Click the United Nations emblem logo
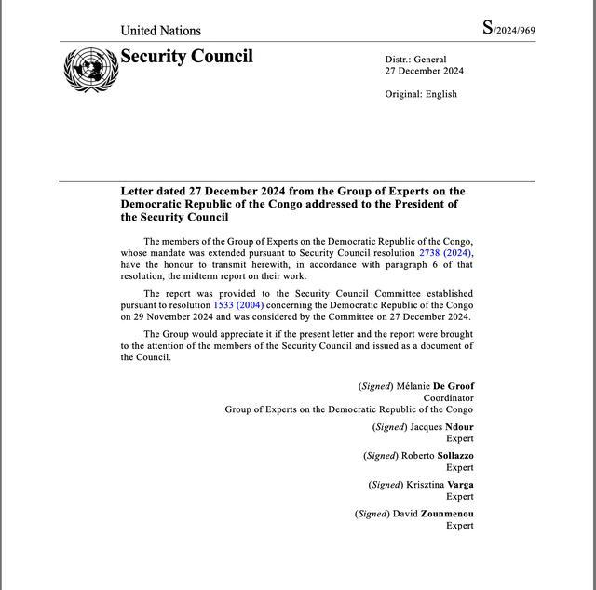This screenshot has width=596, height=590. [90, 69]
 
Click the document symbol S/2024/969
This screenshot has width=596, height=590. [508, 28]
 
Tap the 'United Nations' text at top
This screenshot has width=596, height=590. [159, 30]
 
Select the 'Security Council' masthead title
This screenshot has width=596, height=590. [186, 57]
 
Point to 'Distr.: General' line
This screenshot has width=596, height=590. [415, 60]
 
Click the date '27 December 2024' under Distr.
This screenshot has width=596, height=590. [424, 72]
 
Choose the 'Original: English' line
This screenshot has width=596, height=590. [421, 94]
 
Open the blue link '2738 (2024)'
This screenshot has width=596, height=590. [445, 253]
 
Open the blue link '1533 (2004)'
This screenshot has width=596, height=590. [238, 305]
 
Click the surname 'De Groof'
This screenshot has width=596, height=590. [454, 386]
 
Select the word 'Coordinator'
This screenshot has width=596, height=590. [448, 398]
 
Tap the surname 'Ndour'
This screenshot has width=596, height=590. [456, 427]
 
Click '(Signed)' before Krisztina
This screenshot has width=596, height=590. [386, 485]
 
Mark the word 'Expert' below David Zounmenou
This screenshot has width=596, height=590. [459, 526]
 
